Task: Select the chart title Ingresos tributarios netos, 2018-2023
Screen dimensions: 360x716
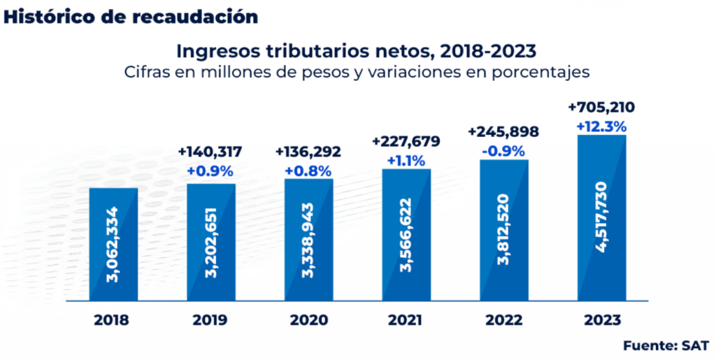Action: pyautogui.click(x=357, y=51)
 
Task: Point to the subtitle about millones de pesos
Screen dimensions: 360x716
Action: pyautogui.click(x=357, y=72)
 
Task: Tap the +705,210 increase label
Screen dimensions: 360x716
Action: pyautogui.click(x=601, y=108)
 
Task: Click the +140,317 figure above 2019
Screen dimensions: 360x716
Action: pyautogui.click(x=210, y=152)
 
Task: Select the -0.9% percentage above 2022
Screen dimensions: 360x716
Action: pyautogui.click(x=503, y=150)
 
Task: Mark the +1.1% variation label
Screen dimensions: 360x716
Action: pyautogui.click(x=406, y=160)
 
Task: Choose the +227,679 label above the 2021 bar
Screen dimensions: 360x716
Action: pyautogui.click(x=406, y=142)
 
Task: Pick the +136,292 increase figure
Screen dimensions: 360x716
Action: pyautogui.click(x=308, y=152)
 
